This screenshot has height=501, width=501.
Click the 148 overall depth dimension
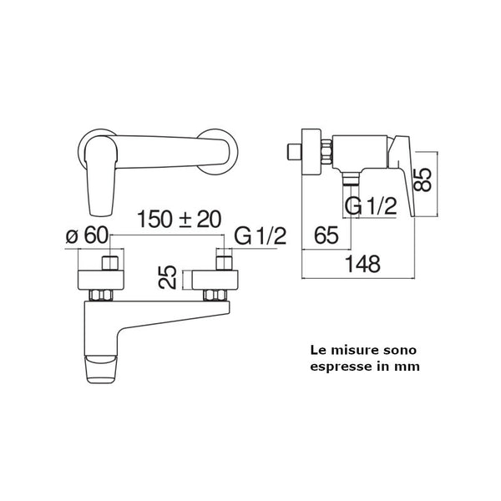point(362,264)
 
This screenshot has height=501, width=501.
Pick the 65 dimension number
point(326,235)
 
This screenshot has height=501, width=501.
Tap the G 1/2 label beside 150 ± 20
point(260,236)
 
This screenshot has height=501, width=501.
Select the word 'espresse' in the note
point(338,365)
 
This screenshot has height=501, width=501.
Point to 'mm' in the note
point(409,365)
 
